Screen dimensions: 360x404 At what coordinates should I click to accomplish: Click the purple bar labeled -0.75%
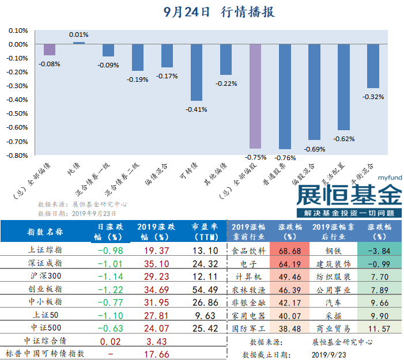tap(256, 96)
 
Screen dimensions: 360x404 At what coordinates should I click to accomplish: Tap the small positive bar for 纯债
tap(79, 43)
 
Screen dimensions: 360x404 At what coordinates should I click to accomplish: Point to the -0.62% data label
tap(344, 138)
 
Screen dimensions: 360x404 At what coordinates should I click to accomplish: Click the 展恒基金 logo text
tap(349, 195)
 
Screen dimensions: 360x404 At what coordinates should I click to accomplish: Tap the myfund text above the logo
tap(389, 179)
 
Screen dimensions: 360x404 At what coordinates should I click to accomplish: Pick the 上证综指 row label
tap(46, 251)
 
